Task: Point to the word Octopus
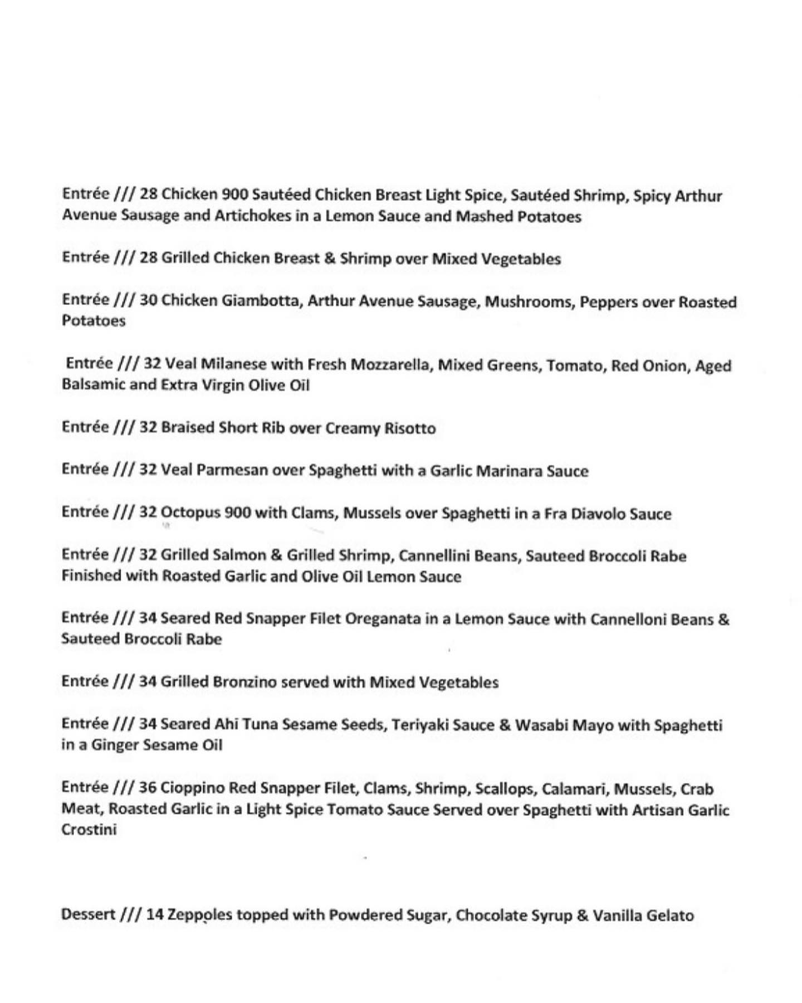click(190, 513)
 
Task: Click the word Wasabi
click(539, 725)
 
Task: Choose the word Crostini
click(89, 830)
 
